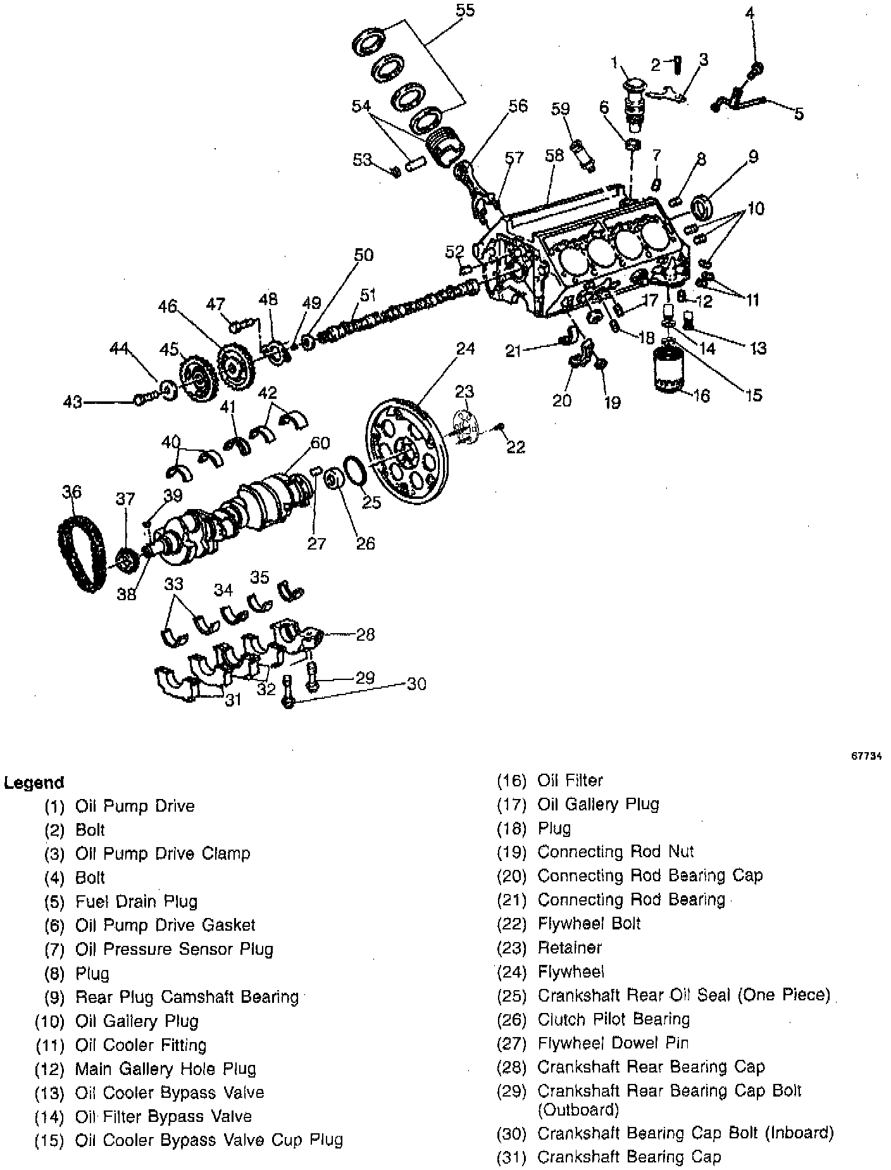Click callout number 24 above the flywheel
click(465, 348)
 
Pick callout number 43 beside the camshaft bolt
click(73, 401)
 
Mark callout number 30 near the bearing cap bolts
click(416, 684)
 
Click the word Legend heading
click(34, 783)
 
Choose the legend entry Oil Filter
click(570, 780)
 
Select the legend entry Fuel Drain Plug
click(136, 901)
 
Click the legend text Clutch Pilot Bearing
click(613, 1019)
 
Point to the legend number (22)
click(511, 924)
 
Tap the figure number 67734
click(866, 755)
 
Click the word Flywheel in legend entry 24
click(571, 971)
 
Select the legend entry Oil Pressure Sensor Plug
click(174, 949)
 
